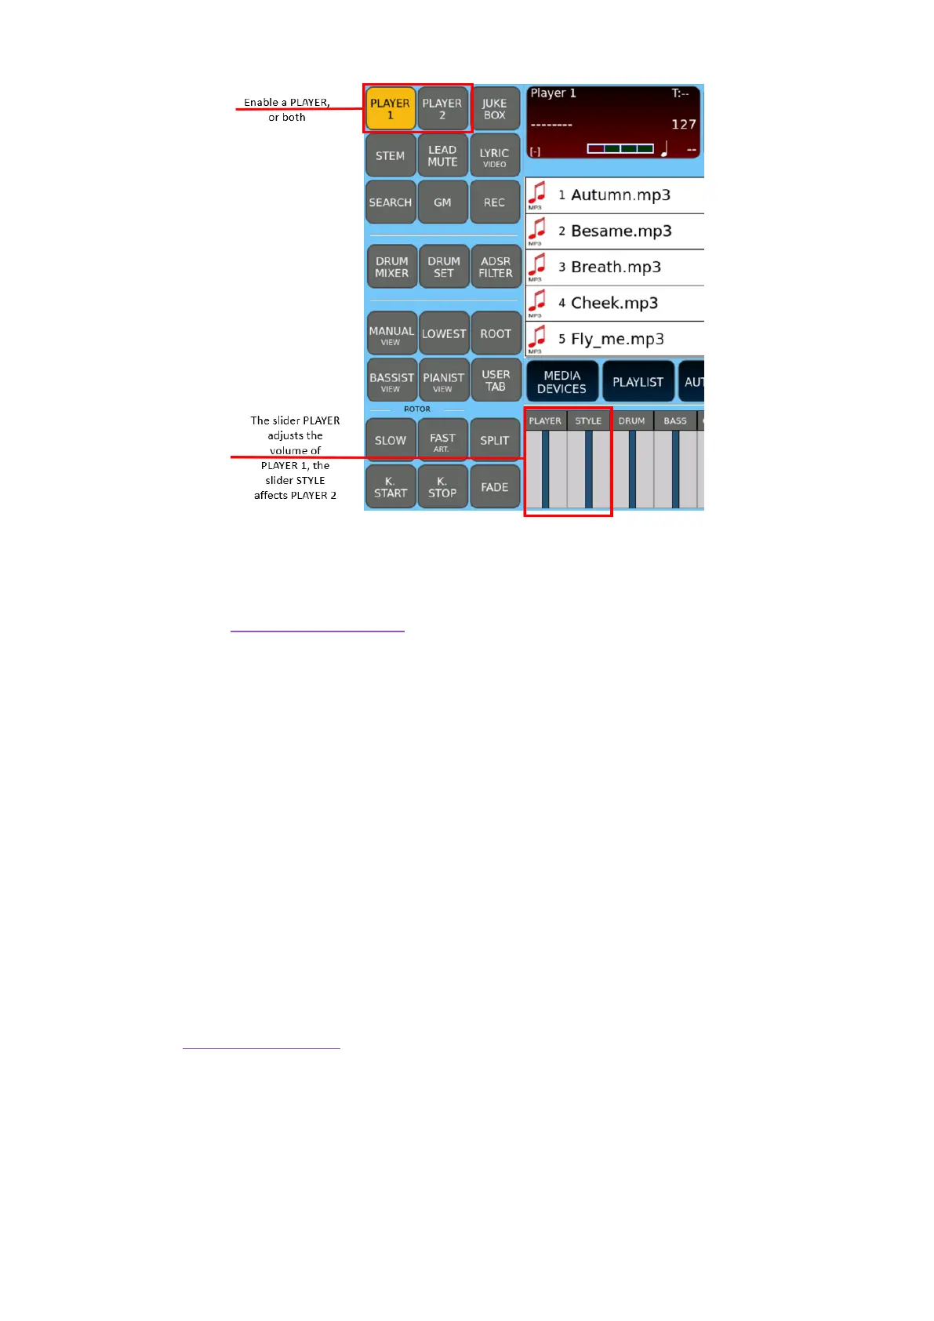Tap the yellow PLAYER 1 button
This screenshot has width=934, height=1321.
coord(390,109)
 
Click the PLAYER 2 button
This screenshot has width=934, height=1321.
coord(442,109)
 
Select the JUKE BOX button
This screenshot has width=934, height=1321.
coord(494,109)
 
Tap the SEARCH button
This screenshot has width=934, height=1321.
coord(390,202)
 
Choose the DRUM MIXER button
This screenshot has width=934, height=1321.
coord(391,267)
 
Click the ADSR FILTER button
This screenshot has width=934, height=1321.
coord(496,267)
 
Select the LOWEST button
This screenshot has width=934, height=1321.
coord(444,333)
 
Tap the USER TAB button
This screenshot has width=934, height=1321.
coord(496,380)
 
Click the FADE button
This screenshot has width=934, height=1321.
coord(494,487)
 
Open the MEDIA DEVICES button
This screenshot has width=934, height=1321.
coord(561,382)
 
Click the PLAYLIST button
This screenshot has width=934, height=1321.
coord(638,382)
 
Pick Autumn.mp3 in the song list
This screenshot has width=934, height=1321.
coord(620,195)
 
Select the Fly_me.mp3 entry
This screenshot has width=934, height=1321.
coord(617,339)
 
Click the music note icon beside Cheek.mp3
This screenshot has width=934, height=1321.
coord(537,301)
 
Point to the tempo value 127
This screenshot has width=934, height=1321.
coord(683,124)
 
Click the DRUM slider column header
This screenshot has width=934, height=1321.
coord(631,421)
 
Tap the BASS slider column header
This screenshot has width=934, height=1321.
coord(674,421)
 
